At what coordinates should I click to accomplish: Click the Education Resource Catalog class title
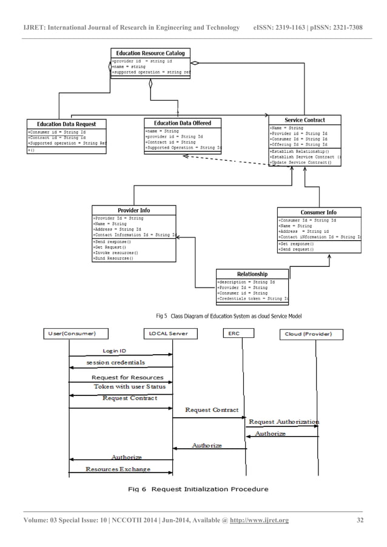(150, 53)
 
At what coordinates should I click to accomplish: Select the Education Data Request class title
(67, 124)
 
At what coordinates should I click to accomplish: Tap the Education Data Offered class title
(183, 123)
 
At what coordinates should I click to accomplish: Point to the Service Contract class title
(305, 120)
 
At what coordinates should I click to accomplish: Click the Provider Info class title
(134, 210)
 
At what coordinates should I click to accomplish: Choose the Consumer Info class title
(318, 212)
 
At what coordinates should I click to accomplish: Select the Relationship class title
(252, 274)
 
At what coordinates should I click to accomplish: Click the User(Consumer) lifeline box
(69, 334)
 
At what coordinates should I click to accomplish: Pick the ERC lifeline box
(234, 333)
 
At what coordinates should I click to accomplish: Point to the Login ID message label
(115, 351)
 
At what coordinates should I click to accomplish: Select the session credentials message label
(116, 363)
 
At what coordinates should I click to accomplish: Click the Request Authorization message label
(284, 421)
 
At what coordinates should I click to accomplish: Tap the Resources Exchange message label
(118, 469)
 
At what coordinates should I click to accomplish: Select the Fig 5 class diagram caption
(224, 316)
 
